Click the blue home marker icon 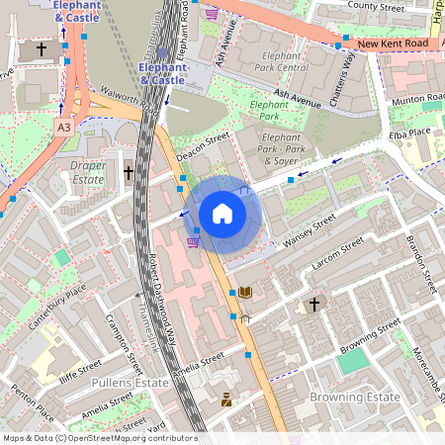click(x=222, y=214)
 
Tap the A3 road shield click(x=63, y=128)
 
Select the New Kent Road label click(x=394, y=44)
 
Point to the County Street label click(x=376, y=6)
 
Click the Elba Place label click(x=409, y=133)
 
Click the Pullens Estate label click(x=129, y=381)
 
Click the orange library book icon click(x=244, y=292)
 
